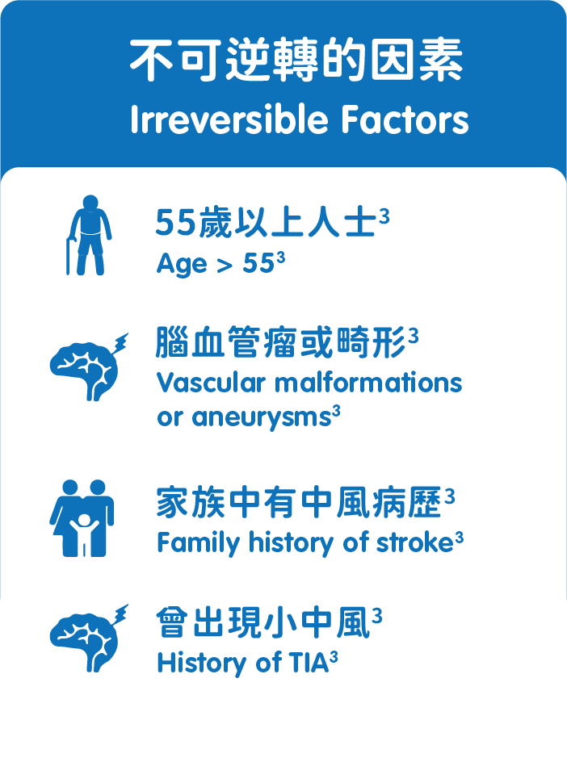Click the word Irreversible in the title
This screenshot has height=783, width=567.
click(229, 119)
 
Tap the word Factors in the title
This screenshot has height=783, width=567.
click(405, 119)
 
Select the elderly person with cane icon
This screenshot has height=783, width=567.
click(89, 235)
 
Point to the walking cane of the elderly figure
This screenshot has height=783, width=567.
click(69, 257)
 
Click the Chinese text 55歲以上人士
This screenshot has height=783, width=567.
click(266, 222)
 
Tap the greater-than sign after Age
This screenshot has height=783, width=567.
click(225, 265)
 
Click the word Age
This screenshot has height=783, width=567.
click(182, 263)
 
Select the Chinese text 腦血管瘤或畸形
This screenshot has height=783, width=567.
click(279, 342)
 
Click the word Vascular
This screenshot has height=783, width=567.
click(210, 383)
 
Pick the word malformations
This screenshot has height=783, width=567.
click(368, 383)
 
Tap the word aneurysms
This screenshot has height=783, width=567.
click(262, 417)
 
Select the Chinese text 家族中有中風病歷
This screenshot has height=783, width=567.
click(299, 502)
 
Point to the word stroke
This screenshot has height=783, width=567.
click(414, 542)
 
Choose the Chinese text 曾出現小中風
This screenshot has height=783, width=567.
click(263, 622)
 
